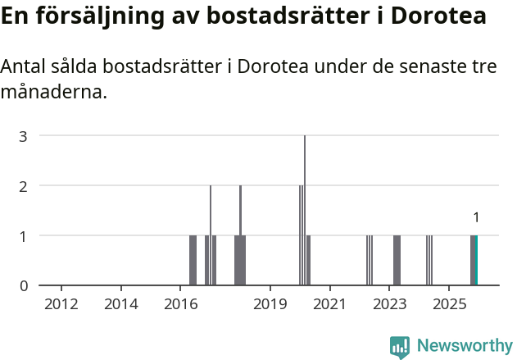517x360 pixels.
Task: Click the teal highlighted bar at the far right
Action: click(x=475, y=261)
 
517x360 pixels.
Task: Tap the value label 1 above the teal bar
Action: click(x=476, y=218)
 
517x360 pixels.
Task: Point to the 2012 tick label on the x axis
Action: click(x=61, y=305)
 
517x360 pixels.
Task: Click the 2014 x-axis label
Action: click(x=121, y=305)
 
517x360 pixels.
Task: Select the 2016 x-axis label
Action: click(x=181, y=305)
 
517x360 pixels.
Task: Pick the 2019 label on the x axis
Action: click(x=270, y=305)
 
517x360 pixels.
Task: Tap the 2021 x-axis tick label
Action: click(x=329, y=305)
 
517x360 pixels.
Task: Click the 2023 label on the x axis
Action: click(x=389, y=305)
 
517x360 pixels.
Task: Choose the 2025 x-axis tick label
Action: click(x=449, y=305)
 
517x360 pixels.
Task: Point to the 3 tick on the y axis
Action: click(x=24, y=136)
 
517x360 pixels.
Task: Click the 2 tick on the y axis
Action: click(x=24, y=186)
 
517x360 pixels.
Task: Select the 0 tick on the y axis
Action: click(x=24, y=286)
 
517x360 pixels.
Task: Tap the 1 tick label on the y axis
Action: click(x=24, y=236)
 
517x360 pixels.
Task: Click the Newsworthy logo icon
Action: click(x=400, y=347)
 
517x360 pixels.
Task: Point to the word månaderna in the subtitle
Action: click(x=54, y=92)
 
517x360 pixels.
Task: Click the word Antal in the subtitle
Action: click(x=24, y=66)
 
